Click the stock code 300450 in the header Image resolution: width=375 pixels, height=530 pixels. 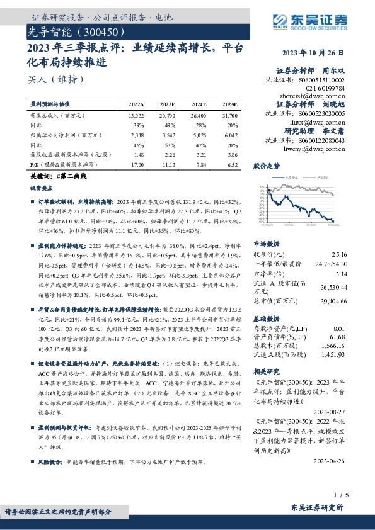(100, 30)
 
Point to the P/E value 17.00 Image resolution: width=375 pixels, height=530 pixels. (136, 163)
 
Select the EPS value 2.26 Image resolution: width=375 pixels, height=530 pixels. (168, 154)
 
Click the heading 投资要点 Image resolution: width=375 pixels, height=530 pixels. (42, 188)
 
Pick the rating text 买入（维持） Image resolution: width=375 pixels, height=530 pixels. (55, 80)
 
